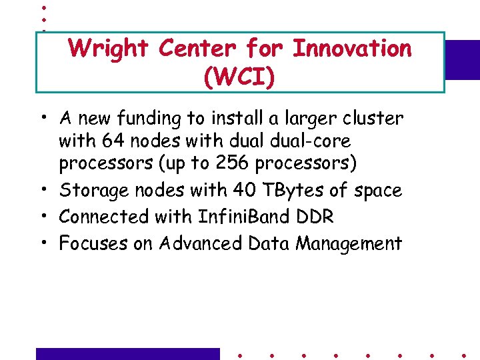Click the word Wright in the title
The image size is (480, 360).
coord(109,49)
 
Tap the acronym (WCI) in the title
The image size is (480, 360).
coord(239,77)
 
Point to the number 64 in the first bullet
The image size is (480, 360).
coord(110,141)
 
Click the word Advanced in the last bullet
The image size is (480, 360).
coord(200,243)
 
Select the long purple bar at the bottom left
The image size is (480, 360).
coord(127,353)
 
